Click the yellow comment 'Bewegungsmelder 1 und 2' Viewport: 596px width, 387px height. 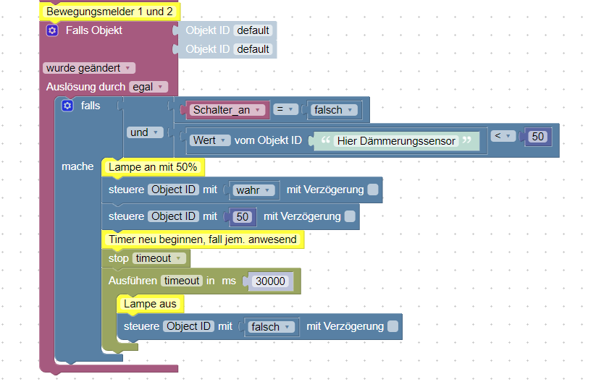109,12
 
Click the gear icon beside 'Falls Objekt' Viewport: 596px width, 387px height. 52,30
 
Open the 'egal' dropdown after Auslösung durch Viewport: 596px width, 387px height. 148,87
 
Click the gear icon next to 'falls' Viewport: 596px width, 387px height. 68,106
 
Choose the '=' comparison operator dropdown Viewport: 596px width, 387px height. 286,110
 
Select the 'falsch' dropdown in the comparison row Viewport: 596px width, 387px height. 333,110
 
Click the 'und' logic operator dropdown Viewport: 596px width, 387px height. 143,132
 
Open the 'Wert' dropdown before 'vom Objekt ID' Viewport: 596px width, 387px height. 209,140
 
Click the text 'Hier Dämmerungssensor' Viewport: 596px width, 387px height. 397,141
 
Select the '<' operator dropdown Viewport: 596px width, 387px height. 503,136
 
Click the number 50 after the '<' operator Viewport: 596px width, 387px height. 537,137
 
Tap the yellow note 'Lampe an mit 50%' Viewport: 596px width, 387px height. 153,167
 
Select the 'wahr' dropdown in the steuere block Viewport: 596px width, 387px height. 253,190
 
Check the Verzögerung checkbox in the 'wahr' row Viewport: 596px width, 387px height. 372,190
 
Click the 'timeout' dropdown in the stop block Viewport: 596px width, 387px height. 159,258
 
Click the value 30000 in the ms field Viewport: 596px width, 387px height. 272,281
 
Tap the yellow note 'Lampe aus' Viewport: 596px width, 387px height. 150,304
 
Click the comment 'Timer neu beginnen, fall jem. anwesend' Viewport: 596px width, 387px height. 202,239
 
